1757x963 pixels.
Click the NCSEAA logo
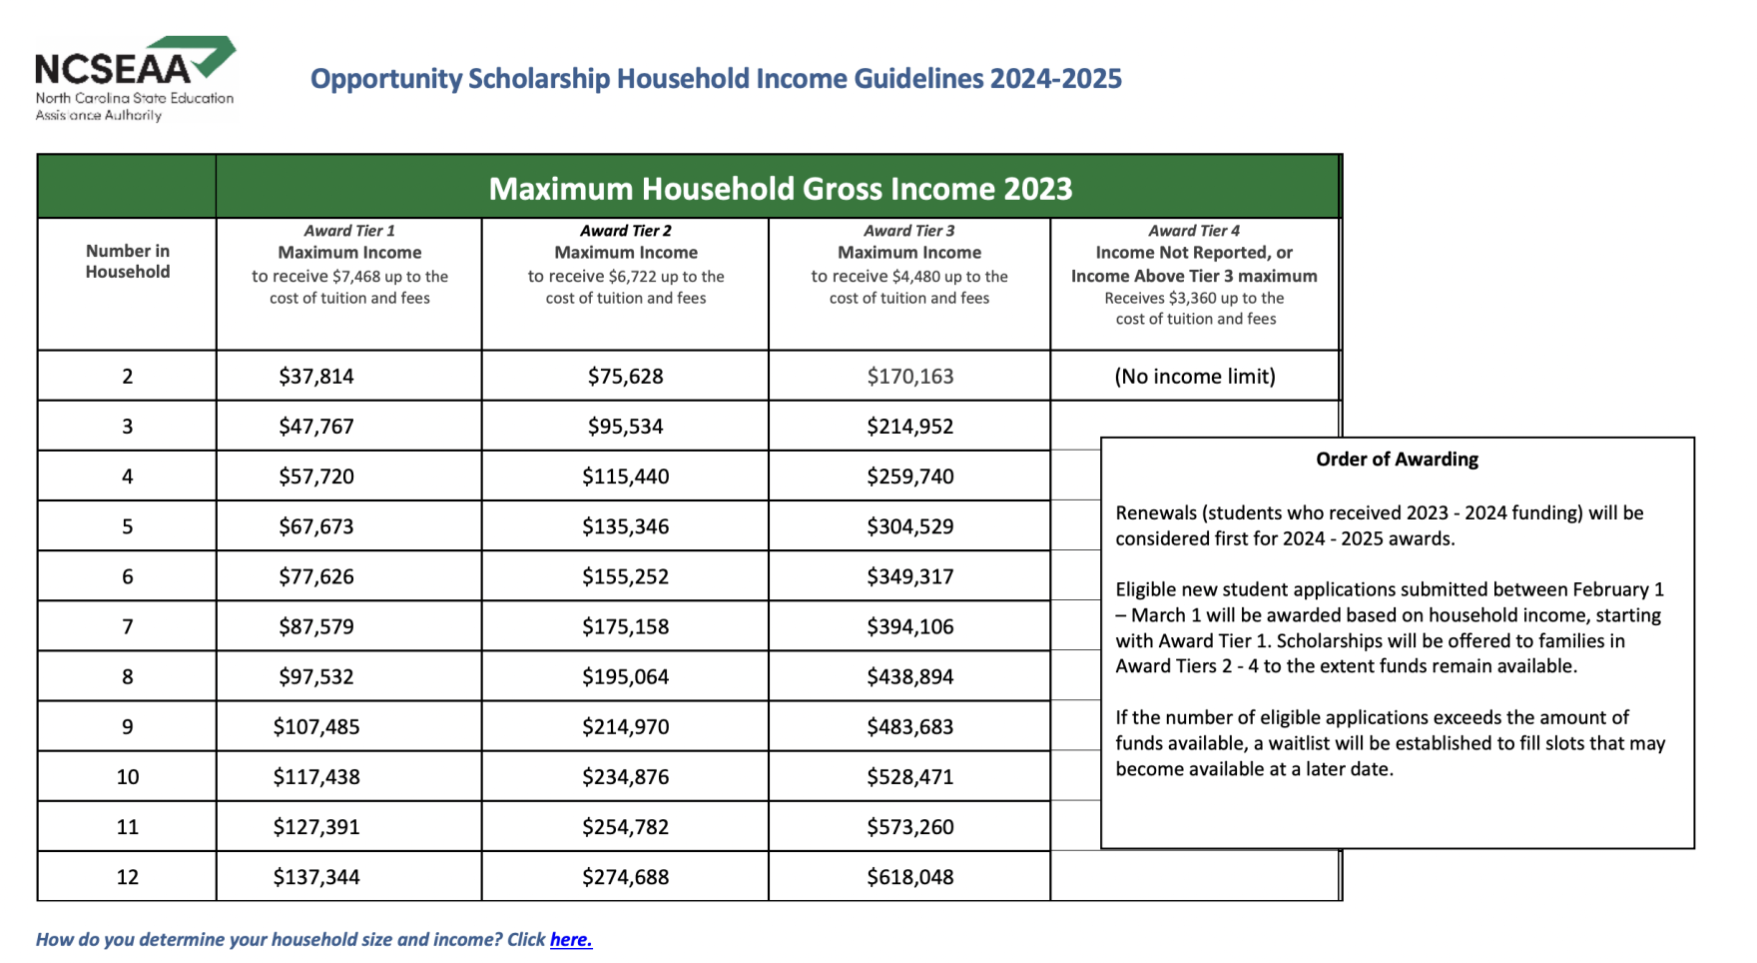[x=135, y=78]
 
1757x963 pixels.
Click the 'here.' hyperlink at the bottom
[x=570, y=939]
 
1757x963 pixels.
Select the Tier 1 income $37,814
[x=316, y=377]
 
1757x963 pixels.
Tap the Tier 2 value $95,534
[x=625, y=427]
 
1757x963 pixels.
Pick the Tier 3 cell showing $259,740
[x=909, y=477]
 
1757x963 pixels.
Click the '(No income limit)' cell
[x=1195, y=377]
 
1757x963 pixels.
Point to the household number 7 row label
[x=127, y=626]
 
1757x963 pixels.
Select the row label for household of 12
[x=127, y=877]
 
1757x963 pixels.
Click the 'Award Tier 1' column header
[x=349, y=231]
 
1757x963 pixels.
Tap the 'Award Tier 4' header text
[x=1194, y=231]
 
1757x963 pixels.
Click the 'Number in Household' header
[x=127, y=261]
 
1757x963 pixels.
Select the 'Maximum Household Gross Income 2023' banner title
[x=780, y=189]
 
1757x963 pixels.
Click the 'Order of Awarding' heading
[x=1397, y=460]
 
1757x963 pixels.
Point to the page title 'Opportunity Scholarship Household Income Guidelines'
[x=716, y=79]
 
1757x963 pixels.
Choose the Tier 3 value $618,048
[x=909, y=877]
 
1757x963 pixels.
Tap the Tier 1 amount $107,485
[x=316, y=727]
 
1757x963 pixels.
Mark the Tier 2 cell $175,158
[x=625, y=626]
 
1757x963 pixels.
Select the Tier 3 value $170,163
[x=909, y=377]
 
